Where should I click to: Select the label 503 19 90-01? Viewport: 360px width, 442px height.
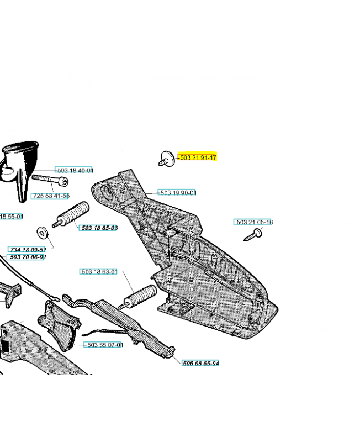point(177,193)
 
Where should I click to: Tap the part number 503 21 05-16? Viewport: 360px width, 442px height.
point(255,222)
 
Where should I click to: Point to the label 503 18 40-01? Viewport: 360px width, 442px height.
point(75,171)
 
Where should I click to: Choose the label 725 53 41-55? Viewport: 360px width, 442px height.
point(50,196)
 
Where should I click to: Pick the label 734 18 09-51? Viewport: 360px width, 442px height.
point(27,250)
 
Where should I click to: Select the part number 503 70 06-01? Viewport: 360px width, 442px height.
point(27,257)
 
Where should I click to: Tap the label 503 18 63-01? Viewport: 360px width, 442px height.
point(99,272)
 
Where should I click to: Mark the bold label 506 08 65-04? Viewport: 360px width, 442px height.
point(200,363)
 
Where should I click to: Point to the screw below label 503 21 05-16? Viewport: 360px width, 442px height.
point(253,235)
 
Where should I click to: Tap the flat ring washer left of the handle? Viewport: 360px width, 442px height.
point(43,232)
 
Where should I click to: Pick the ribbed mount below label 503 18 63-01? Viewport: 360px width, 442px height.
point(137,297)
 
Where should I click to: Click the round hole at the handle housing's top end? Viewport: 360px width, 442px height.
point(106,192)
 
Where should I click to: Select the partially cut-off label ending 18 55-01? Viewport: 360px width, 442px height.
point(11,217)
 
